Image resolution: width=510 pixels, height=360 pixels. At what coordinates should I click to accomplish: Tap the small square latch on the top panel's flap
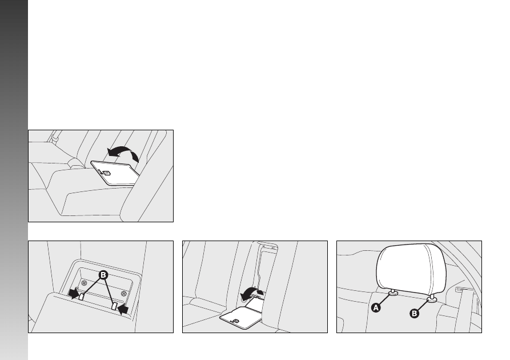point(106,173)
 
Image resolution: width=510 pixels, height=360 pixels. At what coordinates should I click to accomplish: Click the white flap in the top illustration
point(115,173)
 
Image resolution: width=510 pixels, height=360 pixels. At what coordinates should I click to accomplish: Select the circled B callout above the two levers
point(103,275)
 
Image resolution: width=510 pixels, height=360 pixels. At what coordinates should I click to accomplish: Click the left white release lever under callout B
point(81,296)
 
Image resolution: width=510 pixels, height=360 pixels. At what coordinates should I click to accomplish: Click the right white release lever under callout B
point(114,306)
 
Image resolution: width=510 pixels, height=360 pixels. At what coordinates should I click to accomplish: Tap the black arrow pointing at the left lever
point(74,293)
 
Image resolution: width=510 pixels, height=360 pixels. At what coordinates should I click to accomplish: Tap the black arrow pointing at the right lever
point(123,309)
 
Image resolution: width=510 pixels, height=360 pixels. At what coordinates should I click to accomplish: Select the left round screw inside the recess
point(85,283)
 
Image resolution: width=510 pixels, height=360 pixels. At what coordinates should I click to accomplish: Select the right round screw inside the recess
point(123,294)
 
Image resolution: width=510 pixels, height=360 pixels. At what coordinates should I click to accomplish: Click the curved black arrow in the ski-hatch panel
point(251,293)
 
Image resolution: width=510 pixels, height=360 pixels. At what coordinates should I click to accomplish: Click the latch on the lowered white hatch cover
point(236,321)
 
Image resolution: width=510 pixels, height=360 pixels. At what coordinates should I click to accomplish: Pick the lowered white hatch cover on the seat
point(240,317)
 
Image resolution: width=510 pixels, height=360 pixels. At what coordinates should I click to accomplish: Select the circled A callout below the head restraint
point(376,307)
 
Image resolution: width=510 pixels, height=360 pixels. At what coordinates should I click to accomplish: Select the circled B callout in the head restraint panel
point(414,314)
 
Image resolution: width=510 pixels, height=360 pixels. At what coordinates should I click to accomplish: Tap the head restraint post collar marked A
point(393,293)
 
